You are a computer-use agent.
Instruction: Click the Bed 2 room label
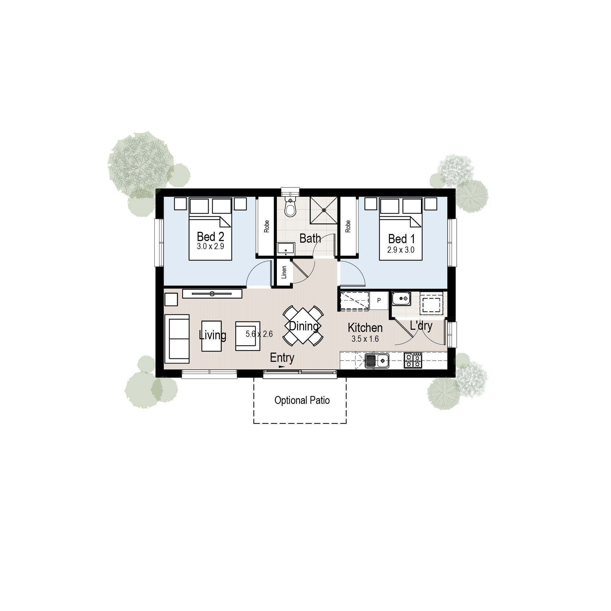coord(210,237)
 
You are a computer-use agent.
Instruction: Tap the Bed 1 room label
coord(401,239)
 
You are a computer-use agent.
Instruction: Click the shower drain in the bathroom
coord(324,210)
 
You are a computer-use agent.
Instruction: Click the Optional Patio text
coord(302,400)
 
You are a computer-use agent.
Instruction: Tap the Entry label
coord(282,358)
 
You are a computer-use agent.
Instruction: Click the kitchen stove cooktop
coord(413,361)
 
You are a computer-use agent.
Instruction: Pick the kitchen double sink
coord(377,361)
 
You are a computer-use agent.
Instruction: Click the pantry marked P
coord(379,300)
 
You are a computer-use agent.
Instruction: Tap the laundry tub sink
coord(401,298)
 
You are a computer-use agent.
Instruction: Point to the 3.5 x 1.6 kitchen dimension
coord(365,339)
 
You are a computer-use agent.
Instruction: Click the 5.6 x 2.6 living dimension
coord(259,334)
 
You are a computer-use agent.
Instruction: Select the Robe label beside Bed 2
coord(267,226)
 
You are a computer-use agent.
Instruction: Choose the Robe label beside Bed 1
coord(348,226)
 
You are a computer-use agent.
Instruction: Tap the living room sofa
coord(177,339)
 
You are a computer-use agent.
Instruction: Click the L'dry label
coord(421,326)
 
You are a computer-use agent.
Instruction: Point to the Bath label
coord(310,238)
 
